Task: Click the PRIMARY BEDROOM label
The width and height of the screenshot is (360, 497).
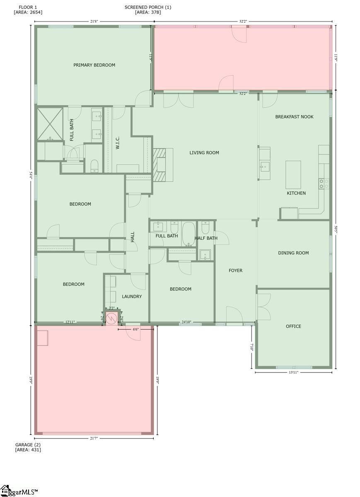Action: point(94,65)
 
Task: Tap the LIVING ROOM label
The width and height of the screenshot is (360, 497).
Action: point(204,153)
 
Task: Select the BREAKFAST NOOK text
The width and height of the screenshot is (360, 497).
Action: point(294,117)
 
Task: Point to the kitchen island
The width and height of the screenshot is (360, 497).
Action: point(293,174)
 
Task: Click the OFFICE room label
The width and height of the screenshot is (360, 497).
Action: point(293,326)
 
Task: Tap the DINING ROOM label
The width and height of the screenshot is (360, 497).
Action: point(293,253)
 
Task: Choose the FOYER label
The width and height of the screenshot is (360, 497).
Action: point(235,270)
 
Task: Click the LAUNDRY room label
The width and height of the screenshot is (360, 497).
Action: point(132,297)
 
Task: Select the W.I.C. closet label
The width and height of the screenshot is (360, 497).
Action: point(118,143)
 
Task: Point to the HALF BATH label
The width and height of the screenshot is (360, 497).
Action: point(206,238)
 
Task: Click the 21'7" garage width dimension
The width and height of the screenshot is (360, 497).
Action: point(94,438)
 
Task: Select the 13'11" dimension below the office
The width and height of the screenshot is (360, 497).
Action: point(293,372)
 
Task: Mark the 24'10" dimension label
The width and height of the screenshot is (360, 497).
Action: point(186,322)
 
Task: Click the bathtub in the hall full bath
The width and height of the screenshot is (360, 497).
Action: point(188,234)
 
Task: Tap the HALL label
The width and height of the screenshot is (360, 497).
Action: point(133,237)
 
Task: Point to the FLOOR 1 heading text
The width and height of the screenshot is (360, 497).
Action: point(28,7)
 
